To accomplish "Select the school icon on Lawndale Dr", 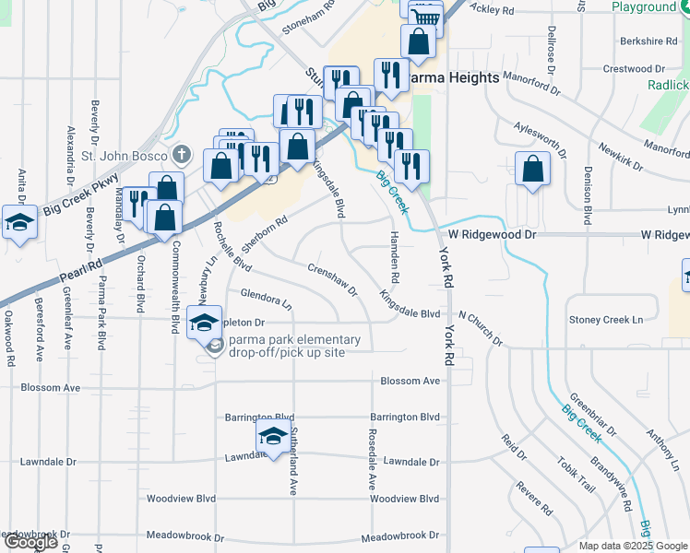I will click(x=273, y=437).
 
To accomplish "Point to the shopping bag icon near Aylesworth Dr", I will click(x=532, y=169).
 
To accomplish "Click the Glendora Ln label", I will click(x=266, y=298).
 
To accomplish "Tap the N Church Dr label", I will click(x=480, y=329).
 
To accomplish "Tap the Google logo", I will click(x=30, y=542).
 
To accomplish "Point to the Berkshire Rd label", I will click(x=648, y=41).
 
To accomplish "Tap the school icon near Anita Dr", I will click(x=18, y=223).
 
